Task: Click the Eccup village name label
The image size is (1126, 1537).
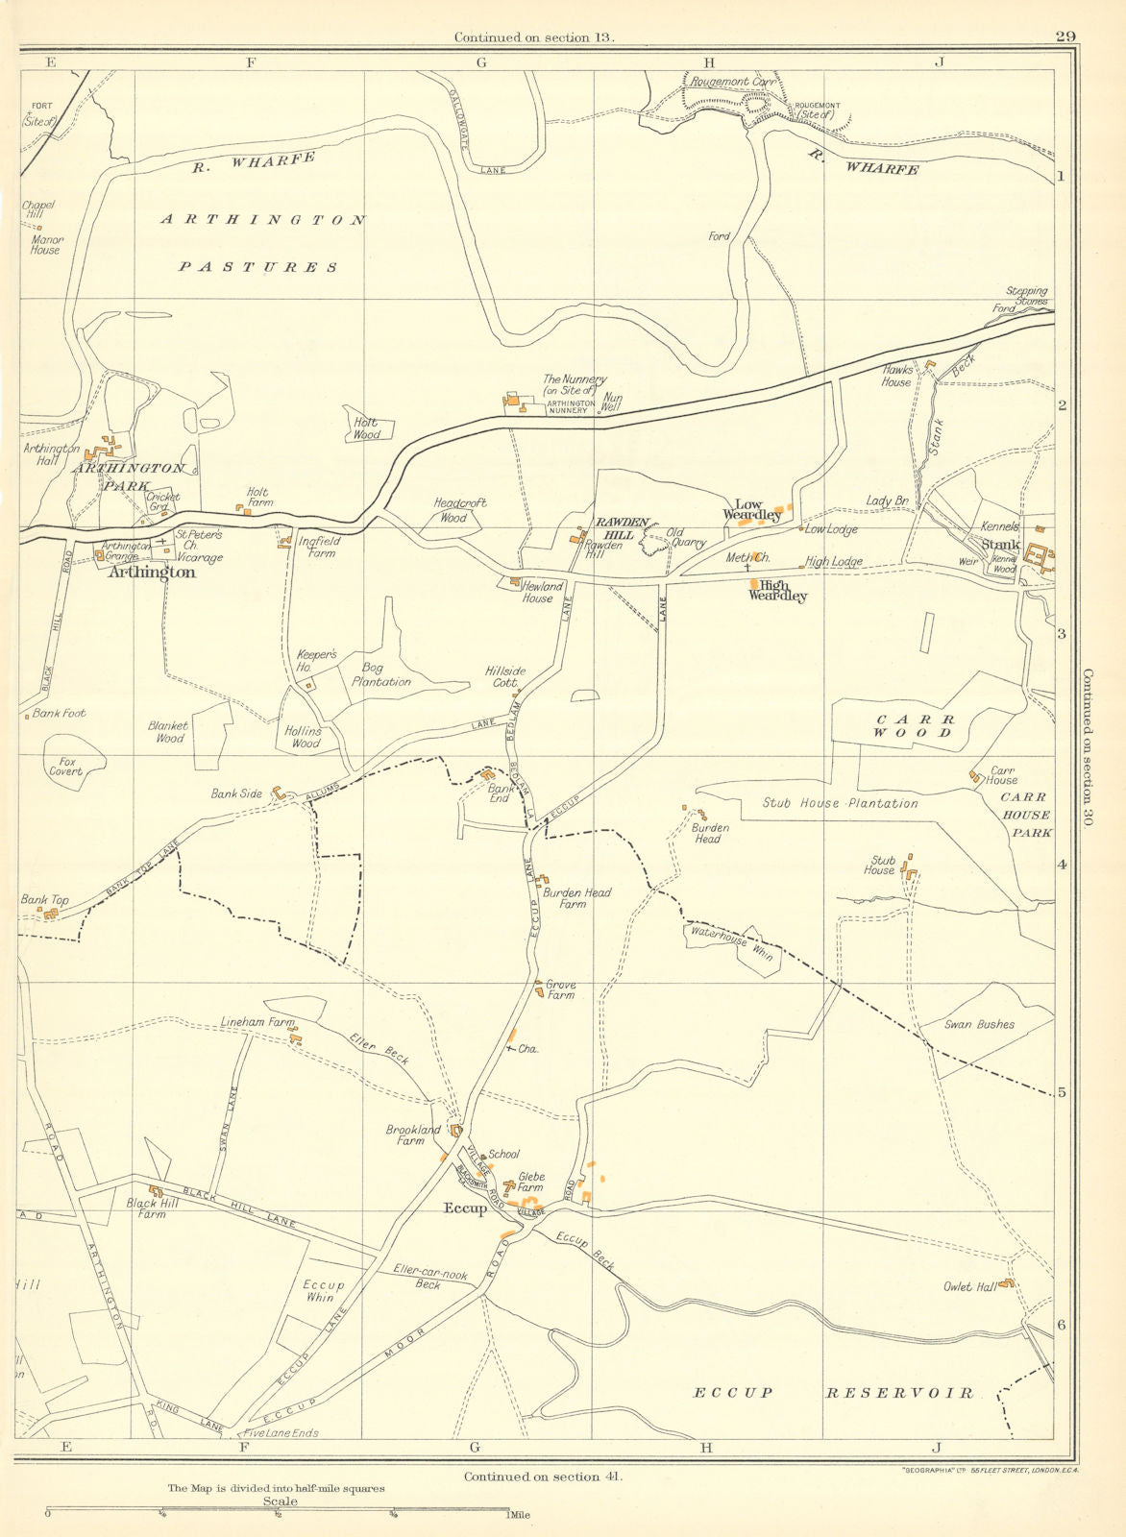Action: (465, 1208)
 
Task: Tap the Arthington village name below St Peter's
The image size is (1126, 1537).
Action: (152, 573)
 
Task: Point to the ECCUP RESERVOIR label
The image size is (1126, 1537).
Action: (833, 1392)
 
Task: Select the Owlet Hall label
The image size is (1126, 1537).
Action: (970, 1286)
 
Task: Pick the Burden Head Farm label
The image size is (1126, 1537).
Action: (576, 898)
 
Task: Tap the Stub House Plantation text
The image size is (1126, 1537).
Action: (840, 803)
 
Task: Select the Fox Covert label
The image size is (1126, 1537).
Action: (65, 767)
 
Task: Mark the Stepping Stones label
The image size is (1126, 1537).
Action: (1026, 295)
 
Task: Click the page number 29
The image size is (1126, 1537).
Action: (1064, 37)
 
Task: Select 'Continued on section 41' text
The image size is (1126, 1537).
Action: (542, 1476)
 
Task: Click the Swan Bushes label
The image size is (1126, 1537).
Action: (979, 1024)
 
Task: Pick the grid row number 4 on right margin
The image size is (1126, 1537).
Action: (1062, 865)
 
